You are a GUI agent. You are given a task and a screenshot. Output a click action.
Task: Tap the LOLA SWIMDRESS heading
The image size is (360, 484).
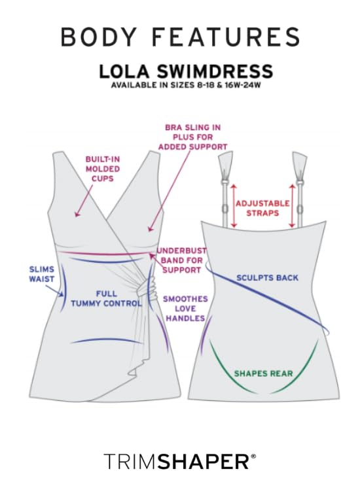pos(186,71)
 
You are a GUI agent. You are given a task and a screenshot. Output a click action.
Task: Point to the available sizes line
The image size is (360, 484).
pos(186,85)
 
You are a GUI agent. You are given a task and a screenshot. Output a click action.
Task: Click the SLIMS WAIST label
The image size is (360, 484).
pos(41,273)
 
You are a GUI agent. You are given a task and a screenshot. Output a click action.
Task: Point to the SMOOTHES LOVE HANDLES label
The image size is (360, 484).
pos(185,308)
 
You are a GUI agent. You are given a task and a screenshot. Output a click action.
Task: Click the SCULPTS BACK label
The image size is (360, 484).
pos(267,277)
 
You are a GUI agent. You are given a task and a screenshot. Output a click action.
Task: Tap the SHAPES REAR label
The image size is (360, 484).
pos(263,373)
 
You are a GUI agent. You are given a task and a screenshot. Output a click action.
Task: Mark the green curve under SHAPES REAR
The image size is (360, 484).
pos(264,387)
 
